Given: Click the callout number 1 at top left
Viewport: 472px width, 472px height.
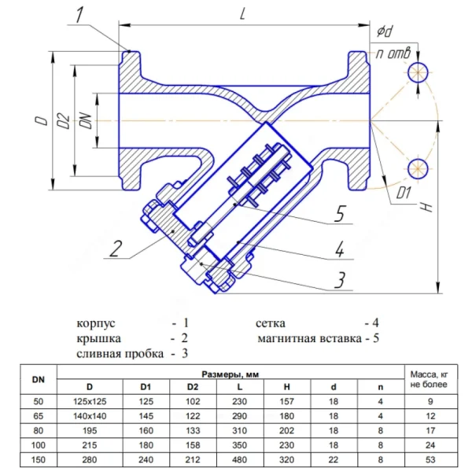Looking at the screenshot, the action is coord(79,15).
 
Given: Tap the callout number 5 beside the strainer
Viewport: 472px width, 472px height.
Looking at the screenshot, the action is coord(340,213).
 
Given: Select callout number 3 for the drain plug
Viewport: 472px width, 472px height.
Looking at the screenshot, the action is coord(340,279).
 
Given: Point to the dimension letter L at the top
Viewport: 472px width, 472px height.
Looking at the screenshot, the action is coord(242,13).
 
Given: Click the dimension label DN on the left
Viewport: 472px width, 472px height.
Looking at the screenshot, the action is coord(86,120).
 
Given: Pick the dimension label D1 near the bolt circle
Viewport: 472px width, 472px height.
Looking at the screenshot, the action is coord(404,193).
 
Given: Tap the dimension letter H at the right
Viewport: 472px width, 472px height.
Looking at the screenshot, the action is coord(426,207).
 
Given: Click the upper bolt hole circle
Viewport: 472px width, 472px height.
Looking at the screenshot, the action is coord(418,72).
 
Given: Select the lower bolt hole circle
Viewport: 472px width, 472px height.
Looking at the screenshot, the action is coord(418,168).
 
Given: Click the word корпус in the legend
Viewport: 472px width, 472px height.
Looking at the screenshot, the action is coord(96,323).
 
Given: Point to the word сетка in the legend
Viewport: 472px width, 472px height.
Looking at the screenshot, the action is coord(271,323).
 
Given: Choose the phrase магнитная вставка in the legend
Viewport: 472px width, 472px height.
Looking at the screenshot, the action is coord(309,338).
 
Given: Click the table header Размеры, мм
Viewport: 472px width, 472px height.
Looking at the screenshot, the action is coord(230,374).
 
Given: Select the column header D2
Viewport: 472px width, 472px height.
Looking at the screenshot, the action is coord(193,387).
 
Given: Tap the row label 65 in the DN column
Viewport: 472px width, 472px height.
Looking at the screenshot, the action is coord(39,416).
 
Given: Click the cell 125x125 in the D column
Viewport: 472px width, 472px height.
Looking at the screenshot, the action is coord(90,401).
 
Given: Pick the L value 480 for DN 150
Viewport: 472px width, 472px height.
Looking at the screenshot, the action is coord(240,459).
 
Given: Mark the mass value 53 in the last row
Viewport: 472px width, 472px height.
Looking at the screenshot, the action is coord(430,459).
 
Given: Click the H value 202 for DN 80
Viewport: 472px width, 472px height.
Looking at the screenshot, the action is coord(286,430).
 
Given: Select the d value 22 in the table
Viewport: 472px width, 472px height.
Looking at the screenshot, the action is coord(334,459).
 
